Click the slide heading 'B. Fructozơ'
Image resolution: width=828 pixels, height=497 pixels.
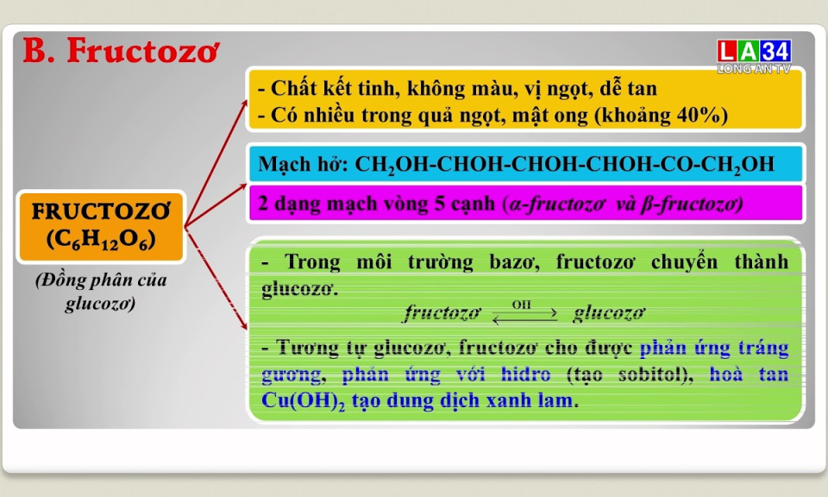[120, 51]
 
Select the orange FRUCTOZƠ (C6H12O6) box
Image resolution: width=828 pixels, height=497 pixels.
[100, 226]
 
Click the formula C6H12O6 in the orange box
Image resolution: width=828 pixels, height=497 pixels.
[100, 240]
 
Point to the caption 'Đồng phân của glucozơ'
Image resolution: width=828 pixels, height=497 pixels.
[100, 293]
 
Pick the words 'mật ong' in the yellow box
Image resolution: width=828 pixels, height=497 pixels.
[537, 116]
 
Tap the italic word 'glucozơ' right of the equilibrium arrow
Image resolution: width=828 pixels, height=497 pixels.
[609, 313]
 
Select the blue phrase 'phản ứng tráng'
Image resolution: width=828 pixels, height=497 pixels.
[714, 348]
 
